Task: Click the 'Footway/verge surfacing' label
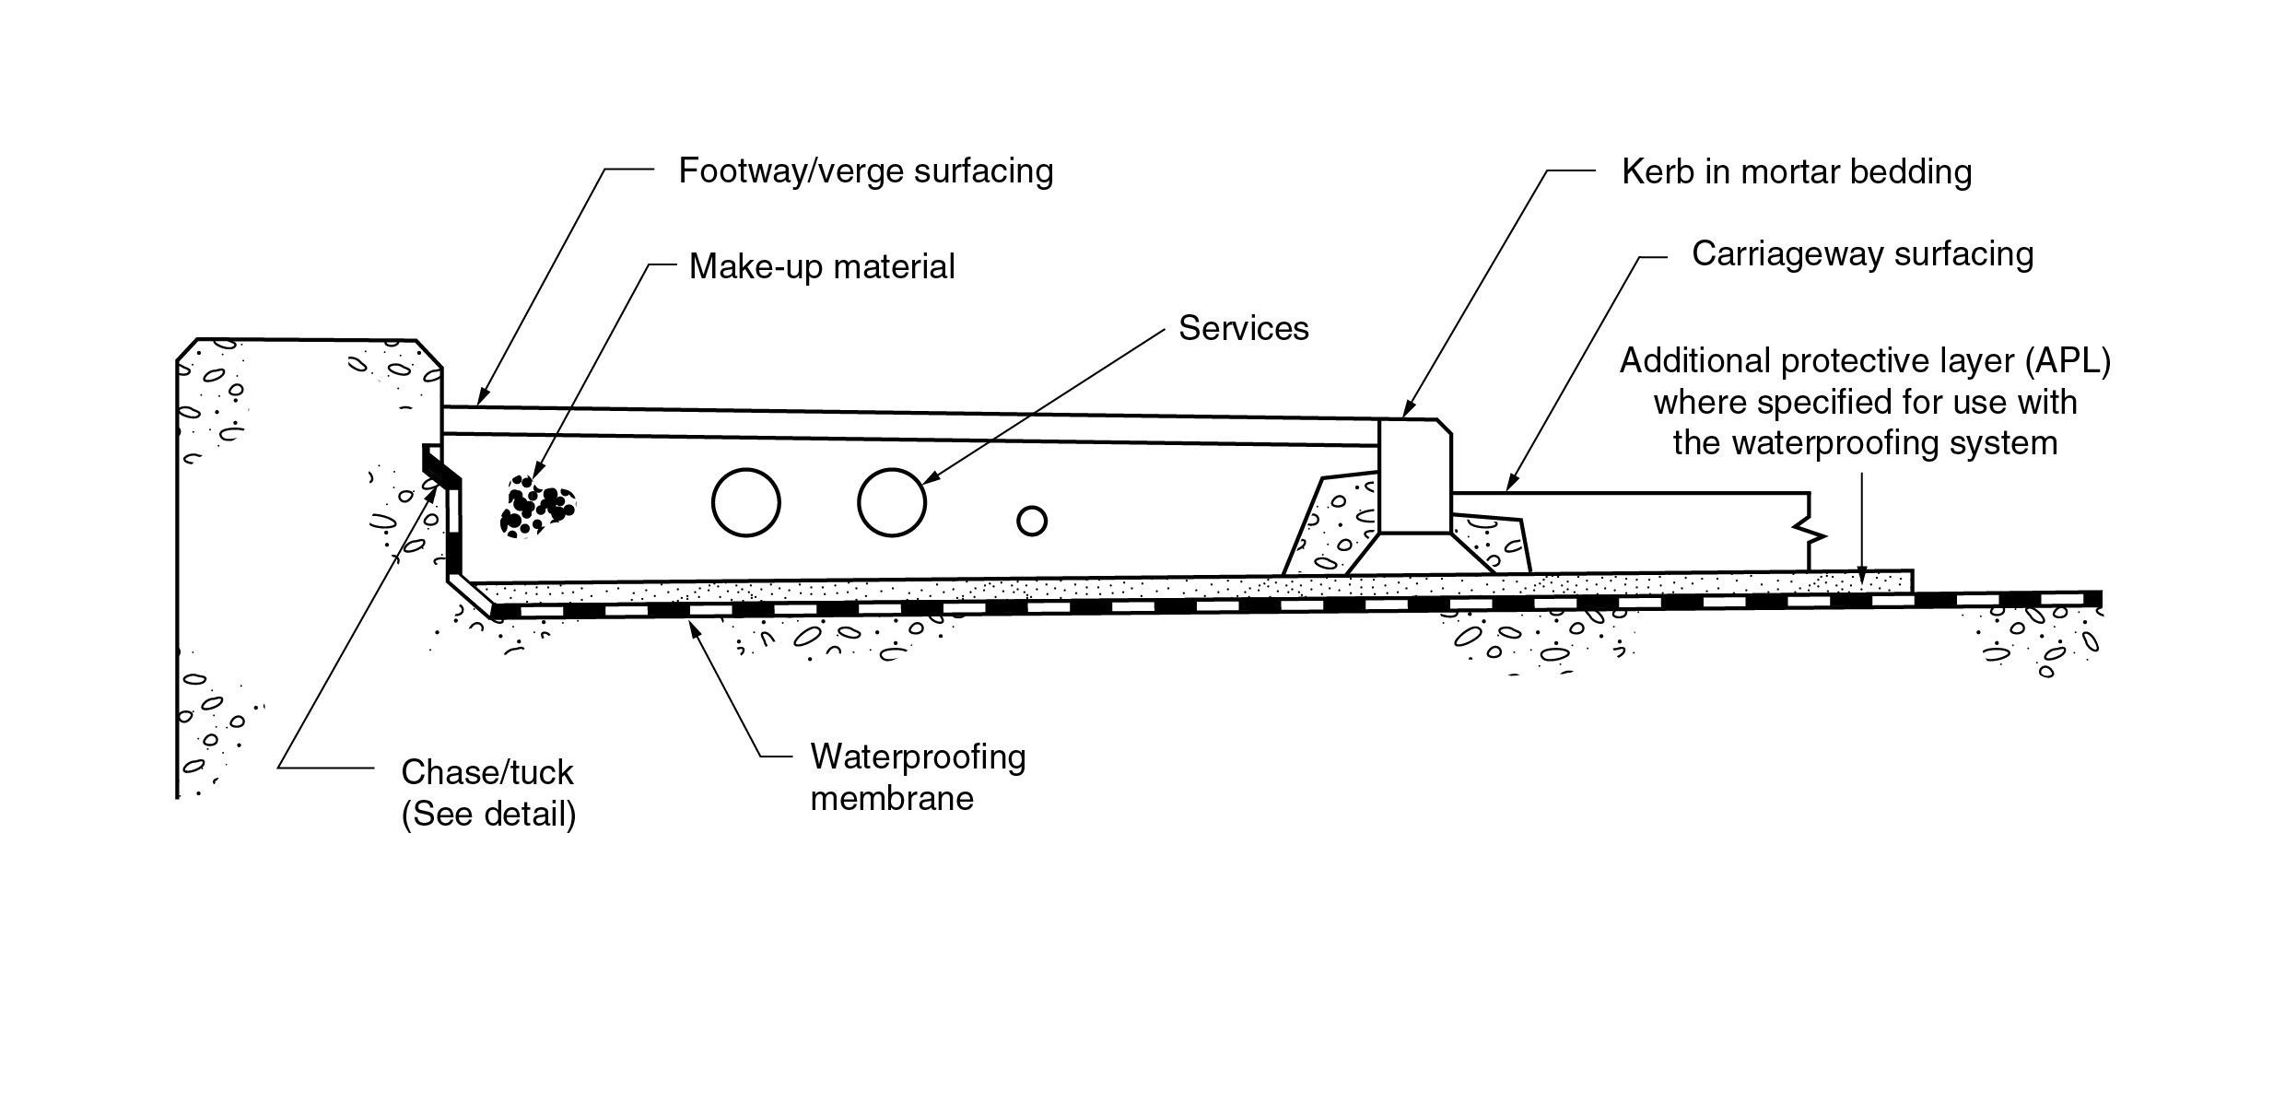click(x=865, y=171)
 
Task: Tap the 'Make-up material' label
click(x=822, y=267)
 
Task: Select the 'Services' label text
click(x=1243, y=329)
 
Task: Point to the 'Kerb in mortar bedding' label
click(x=1796, y=172)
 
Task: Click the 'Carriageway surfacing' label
click(x=1862, y=254)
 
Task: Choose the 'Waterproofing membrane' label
click(x=918, y=777)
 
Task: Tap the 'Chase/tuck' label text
click(x=487, y=772)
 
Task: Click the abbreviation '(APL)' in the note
click(x=2068, y=361)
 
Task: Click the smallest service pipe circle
click(x=1032, y=522)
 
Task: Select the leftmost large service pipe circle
click(x=746, y=502)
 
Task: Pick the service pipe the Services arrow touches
click(x=891, y=502)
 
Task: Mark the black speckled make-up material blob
click(x=536, y=508)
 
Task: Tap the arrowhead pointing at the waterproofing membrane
click(x=694, y=627)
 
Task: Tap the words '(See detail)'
click(x=488, y=815)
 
